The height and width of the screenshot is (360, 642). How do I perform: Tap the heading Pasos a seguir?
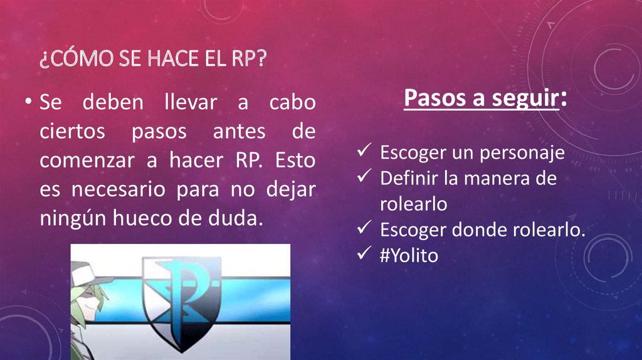(480, 98)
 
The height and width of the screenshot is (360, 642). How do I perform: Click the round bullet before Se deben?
(29, 102)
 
